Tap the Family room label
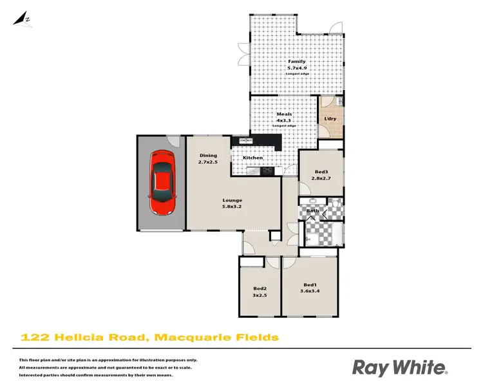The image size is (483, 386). (x=296, y=62)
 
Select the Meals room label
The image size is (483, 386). (x=283, y=114)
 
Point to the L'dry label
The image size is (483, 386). (x=330, y=119)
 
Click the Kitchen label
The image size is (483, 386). (x=252, y=158)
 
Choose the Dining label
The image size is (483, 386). (x=208, y=155)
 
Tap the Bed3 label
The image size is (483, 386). (x=322, y=171)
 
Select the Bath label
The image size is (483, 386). (x=312, y=210)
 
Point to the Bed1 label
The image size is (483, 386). (x=310, y=284)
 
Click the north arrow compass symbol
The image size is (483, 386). (x=24, y=18)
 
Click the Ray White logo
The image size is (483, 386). (x=399, y=367)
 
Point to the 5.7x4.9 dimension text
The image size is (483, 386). (x=296, y=68)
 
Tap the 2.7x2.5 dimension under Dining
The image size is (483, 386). (x=208, y=162)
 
